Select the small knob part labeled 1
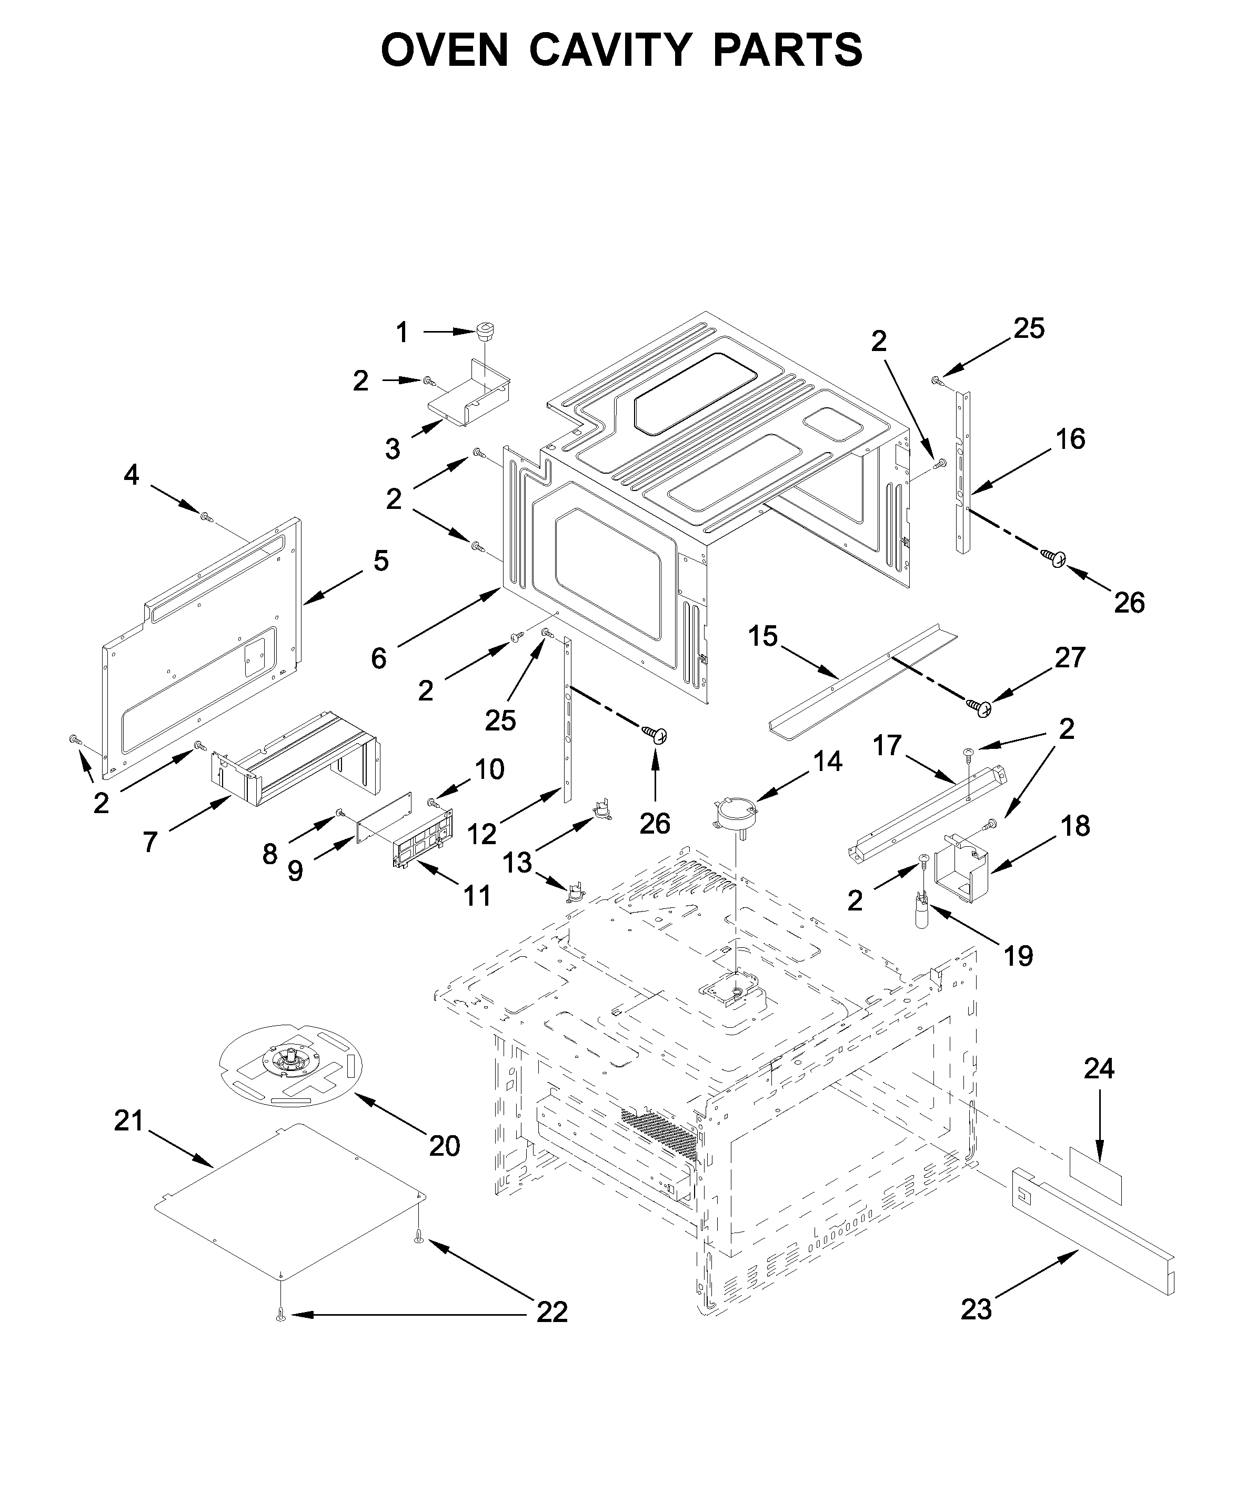click(486, 331)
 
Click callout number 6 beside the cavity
click(379, 657)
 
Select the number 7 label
click(149, 842)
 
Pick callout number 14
click(828, 761)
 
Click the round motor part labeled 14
click(735, 812)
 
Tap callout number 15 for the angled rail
click(762, 636)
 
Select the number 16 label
click(1071, 438)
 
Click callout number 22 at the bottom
click(552, 1311)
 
